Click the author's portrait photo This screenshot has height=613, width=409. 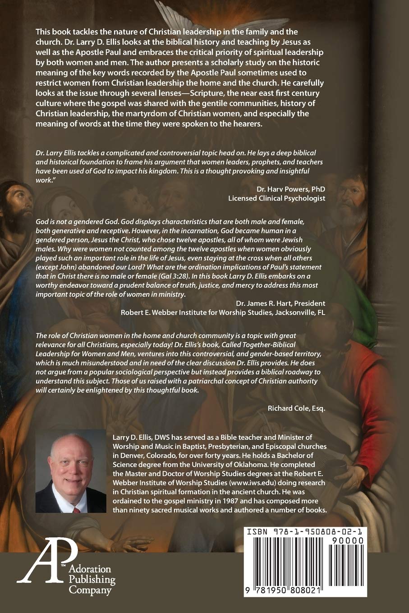pyautogui.click(x=71, y=477)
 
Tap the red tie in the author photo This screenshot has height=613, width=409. pyautogui.click(x=77, y=510)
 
